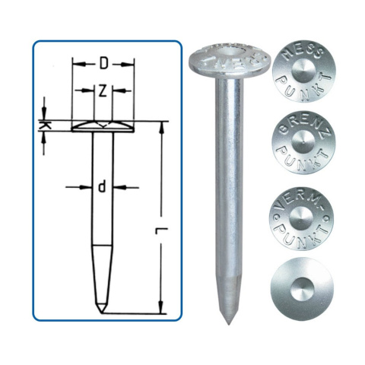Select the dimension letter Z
103,90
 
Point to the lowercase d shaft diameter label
101,187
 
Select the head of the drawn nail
103,127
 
